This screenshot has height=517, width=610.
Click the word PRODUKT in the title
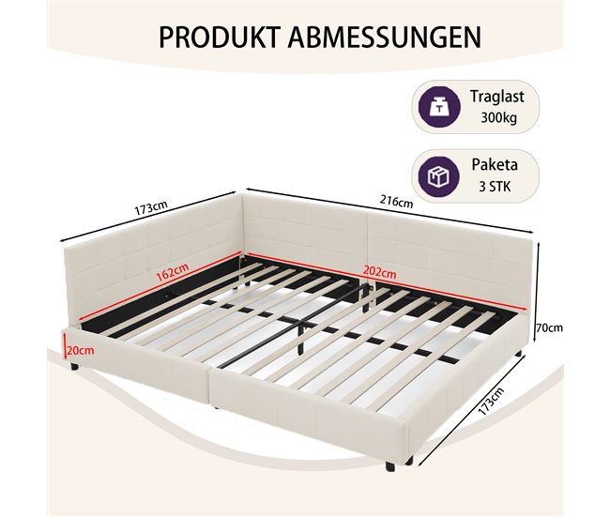pyautogui.click(x=220, y=37)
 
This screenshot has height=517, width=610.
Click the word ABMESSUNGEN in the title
pyautogui.click(x=385, y=37)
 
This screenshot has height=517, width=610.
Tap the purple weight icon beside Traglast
pyautogui.click(x=439, y=107)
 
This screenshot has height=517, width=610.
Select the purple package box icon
pyautogui.click(x=439, y=176)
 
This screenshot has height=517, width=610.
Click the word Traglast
pyautogui.click(x=496, y=97)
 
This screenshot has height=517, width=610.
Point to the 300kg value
pyautogui.click(x=498, y=117)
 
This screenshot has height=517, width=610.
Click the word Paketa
pyautogui.click(x=495, y=164)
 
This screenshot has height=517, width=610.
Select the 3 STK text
pyautogui.click(x=495, y=187)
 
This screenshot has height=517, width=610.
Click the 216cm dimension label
pyautogui.click(x=396, y=202)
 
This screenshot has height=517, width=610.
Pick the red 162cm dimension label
pyautogui.click(x=173, y=272)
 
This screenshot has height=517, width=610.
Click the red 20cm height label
pyautogui.click(x=81, y=351)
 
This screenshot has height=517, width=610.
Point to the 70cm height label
pyautogui.click(x=549, y=328)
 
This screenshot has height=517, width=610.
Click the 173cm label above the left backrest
pyautogui.click(x=151, y=208)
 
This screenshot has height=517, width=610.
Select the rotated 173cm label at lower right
pyautogui.click(x=491, y=401)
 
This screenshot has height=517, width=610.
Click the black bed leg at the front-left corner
pyautogui.click(x=74, y=366)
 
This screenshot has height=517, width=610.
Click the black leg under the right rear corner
pyautogui.click(x=518, y=355)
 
